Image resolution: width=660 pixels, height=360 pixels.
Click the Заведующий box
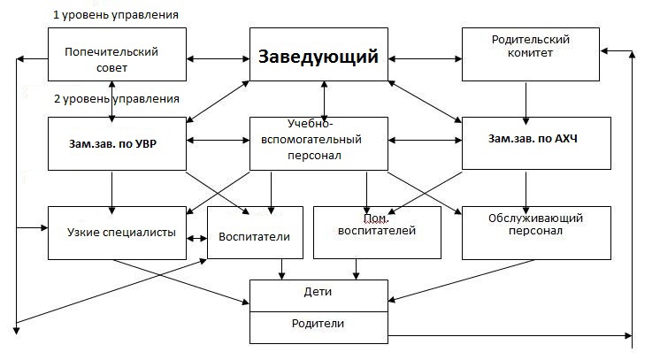point(318,54)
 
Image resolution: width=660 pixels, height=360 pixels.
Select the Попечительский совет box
point(117,54)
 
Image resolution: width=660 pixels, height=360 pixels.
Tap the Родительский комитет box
point(531,54)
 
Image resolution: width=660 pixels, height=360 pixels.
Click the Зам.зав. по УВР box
point(117,143)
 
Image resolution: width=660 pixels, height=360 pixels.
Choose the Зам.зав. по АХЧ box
point(536,143)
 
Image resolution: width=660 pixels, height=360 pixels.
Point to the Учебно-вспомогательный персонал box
point(318,143)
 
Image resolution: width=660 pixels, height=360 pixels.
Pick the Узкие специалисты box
point(117,233)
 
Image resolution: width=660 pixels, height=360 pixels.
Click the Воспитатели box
point(255,233)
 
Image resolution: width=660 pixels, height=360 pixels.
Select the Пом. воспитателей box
point(377,233)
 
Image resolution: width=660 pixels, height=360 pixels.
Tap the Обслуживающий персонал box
point(536,233)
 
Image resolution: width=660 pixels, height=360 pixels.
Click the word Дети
point(318,292)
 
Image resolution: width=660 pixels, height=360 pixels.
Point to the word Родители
point(318,324)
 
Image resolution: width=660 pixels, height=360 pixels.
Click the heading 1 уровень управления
point(116,15)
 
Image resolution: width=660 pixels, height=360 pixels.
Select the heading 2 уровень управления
point(117,99)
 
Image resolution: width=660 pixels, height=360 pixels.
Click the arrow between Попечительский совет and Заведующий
point(218,59)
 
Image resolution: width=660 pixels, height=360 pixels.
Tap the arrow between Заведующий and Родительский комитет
point(425,59)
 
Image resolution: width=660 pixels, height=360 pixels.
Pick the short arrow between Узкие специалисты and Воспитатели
point(197,238)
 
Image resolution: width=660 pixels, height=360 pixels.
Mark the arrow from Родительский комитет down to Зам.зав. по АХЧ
point(526,103)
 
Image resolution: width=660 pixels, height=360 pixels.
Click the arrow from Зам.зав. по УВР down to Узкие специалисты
point(112,193)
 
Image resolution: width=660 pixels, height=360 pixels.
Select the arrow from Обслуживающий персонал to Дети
point(461,280)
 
